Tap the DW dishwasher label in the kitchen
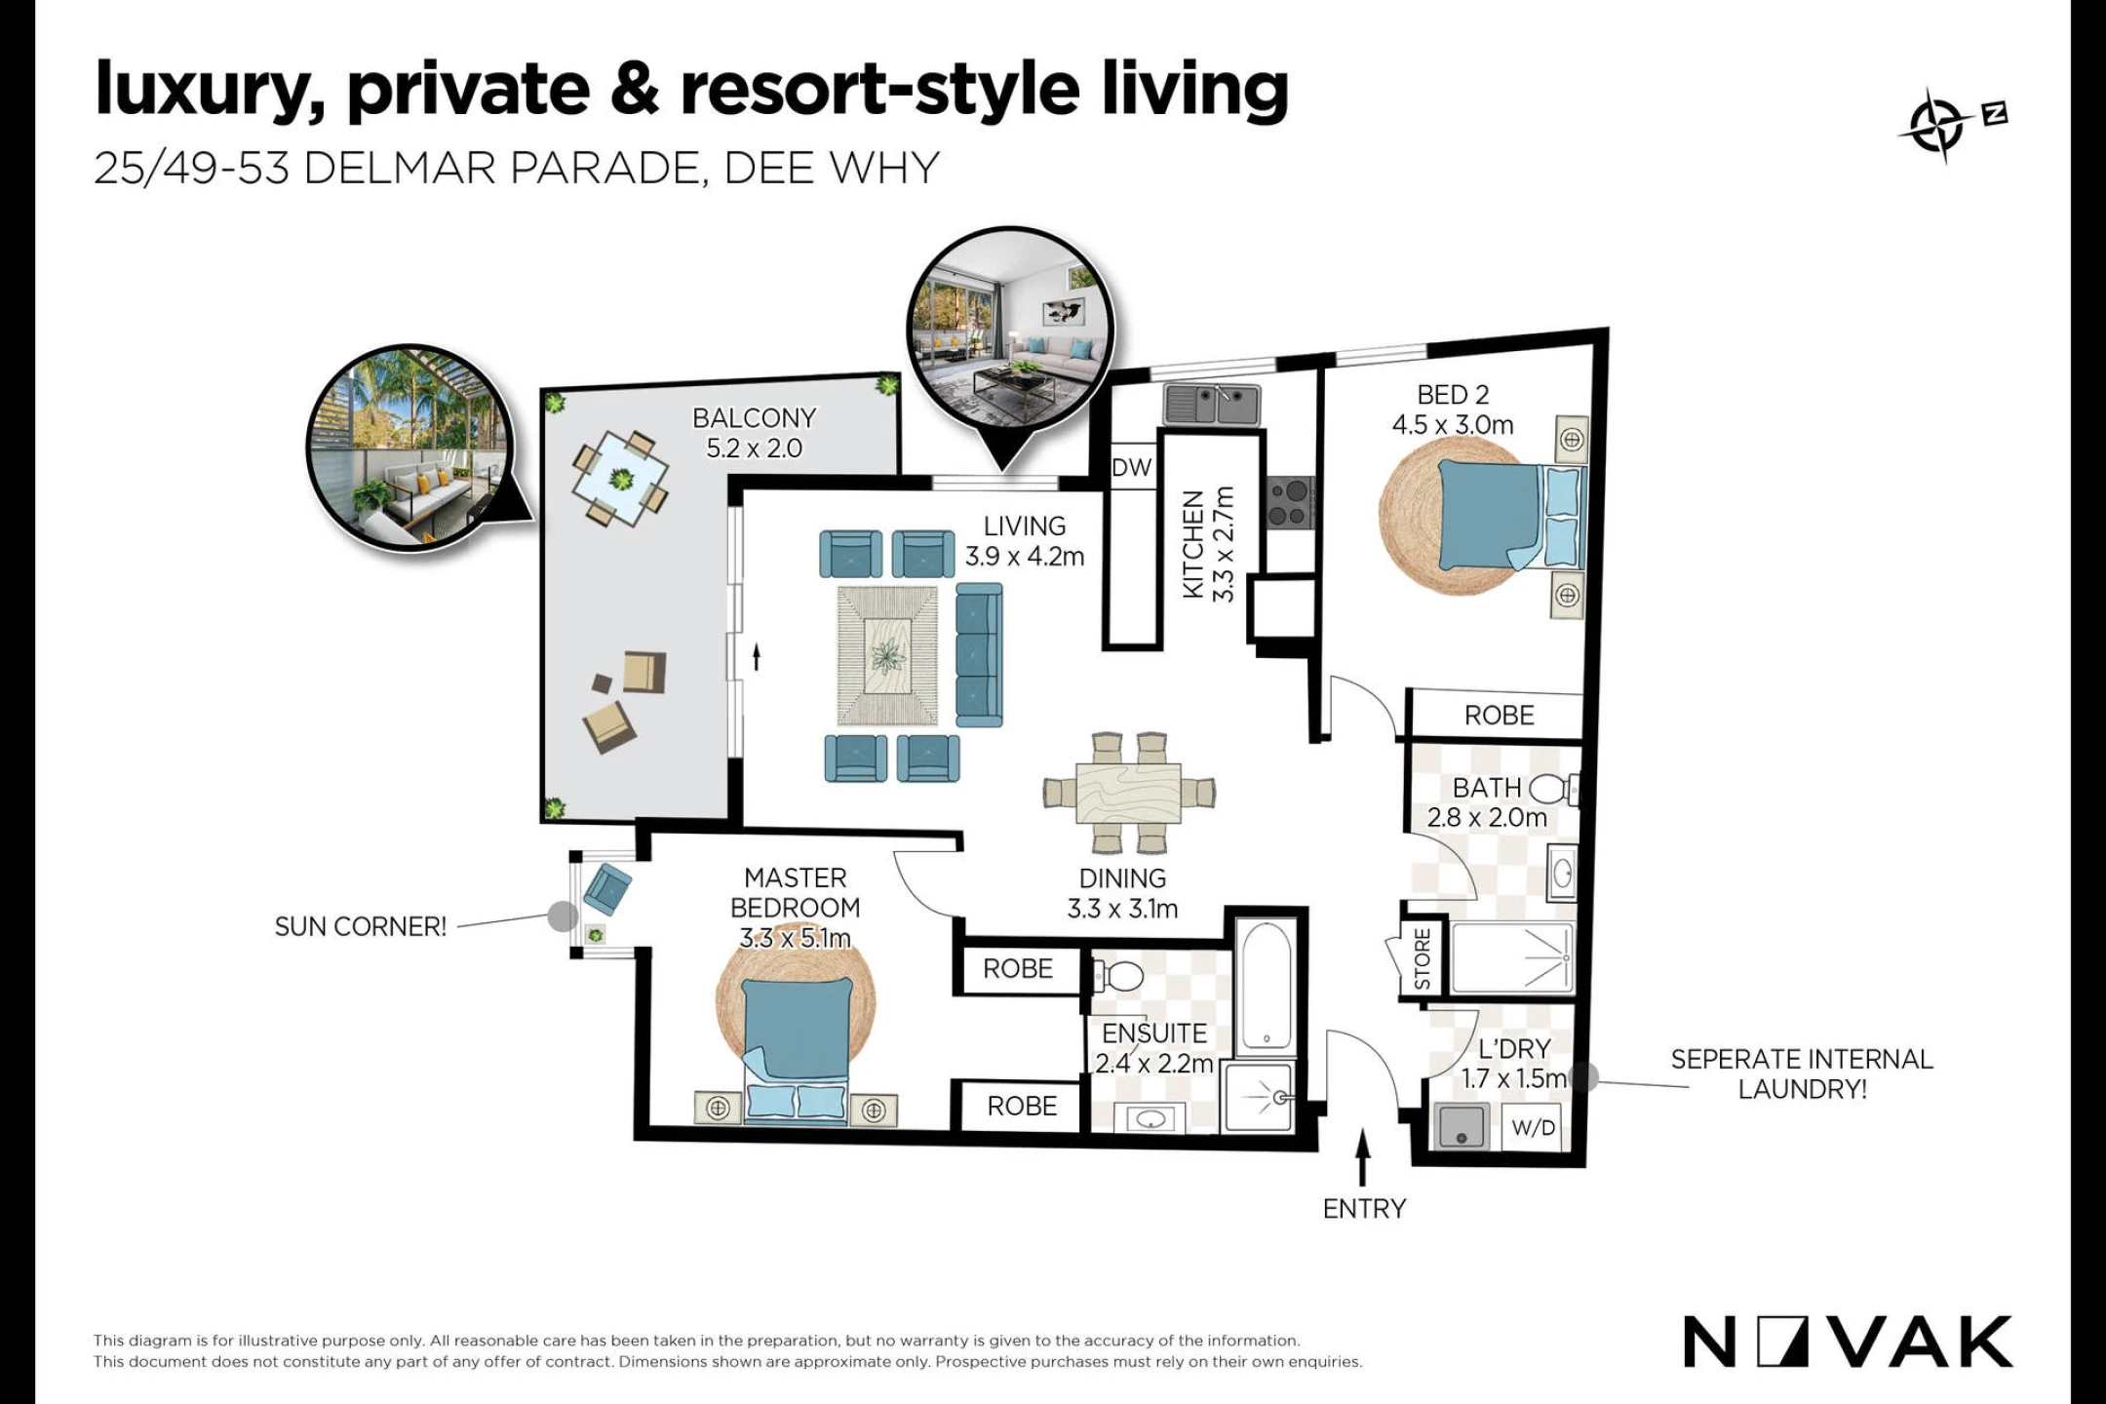(1131, 468)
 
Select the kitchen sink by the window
(1211, 404)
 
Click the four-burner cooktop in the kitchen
(1290, 503)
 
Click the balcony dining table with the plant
(620, 479)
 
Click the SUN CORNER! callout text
(361, 927)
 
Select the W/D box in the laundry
(1534, 1128)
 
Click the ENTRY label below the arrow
(1364, 1209)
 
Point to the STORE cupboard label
(1423, 959)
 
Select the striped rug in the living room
(887, 655)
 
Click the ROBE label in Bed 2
(1499, 716)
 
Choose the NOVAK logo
(1848, 1342)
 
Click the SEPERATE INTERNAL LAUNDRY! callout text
(1802, 1073)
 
